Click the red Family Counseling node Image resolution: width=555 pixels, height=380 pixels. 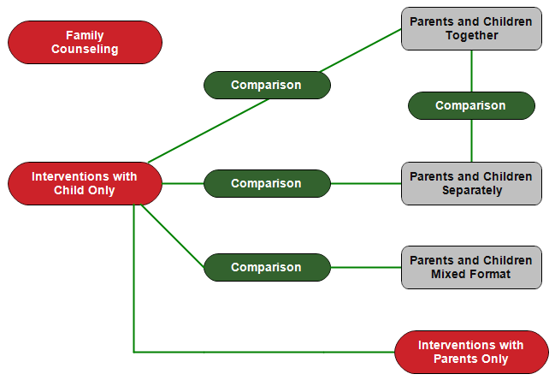[x=85, y=42]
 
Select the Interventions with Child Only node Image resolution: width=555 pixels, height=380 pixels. [x=85, y=183]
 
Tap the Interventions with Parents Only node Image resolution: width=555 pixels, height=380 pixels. [x=471, y=352]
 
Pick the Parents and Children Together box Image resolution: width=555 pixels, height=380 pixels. [x=471, y=29]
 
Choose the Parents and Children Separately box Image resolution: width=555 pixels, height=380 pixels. [x=471, y=183]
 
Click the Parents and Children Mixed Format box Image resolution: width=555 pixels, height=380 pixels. [x=471, y=267]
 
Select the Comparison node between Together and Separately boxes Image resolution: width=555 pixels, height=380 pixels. [x=471, y=105]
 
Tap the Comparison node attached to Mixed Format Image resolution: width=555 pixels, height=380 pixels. [x=267, y=267]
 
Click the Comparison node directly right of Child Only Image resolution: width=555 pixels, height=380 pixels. [x=267, y=183]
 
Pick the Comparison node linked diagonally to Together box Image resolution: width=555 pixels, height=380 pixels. [x=267, y=85]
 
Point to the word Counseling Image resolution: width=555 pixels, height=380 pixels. [x=85, y=50]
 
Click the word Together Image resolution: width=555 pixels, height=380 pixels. [x=472, y=36]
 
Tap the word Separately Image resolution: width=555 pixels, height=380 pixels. [x=472, y=191]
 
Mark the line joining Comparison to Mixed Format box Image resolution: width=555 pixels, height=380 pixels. [x=366, y=267]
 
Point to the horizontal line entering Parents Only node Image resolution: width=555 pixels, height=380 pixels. [x=264, y=352]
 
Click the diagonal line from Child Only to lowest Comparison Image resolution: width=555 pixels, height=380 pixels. [x=173, y=236]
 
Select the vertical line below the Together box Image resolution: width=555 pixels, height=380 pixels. [x=471, y=71]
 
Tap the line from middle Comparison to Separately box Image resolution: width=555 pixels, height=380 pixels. [x=366, y=183]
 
